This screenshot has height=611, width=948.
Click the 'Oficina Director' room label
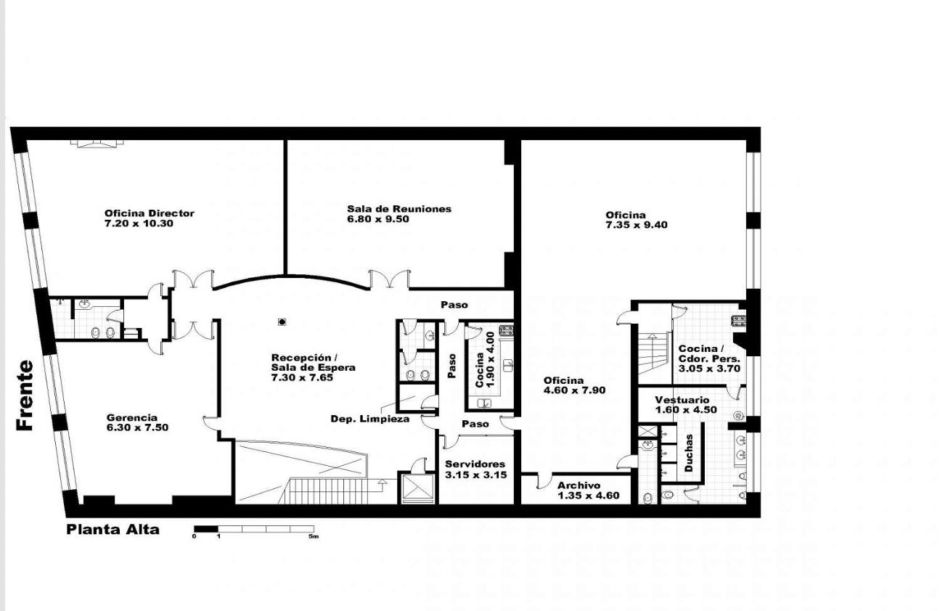150,213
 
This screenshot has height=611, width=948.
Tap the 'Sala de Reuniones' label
399,209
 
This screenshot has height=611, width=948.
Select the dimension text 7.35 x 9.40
637,225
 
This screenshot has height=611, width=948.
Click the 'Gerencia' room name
132,418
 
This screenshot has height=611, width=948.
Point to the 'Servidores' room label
475,464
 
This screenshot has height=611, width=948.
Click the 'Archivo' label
579,485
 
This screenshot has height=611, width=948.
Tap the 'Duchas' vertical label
689,453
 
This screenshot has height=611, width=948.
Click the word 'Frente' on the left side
25,395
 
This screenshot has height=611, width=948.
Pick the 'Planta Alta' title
113,529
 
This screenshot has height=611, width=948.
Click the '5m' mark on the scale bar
313,536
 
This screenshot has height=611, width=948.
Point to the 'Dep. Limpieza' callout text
370,419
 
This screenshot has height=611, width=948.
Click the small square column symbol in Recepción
282,322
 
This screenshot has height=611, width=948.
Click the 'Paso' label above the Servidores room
475,424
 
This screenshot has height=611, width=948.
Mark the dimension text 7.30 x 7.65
302,377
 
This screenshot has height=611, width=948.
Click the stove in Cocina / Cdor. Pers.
738,320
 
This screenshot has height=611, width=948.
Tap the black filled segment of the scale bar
206,528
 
